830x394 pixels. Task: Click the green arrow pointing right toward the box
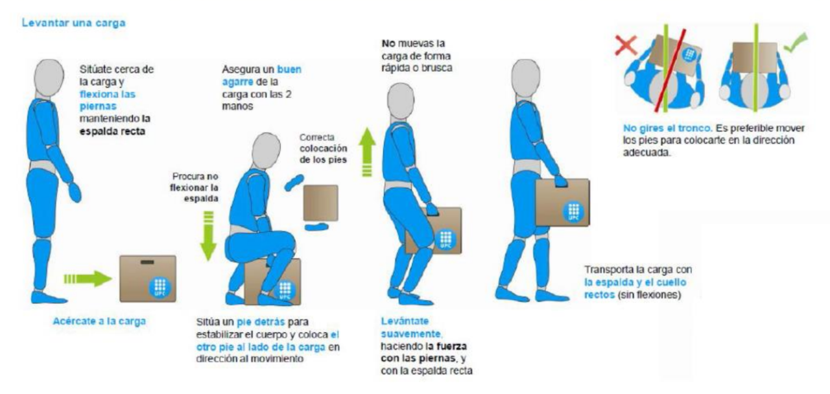pos(88,279)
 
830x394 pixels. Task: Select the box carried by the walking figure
pos(562,202)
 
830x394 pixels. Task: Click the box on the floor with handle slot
pos(148,278)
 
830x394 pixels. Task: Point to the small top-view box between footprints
pos(320,202)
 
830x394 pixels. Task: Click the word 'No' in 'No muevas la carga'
pos(387,44)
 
